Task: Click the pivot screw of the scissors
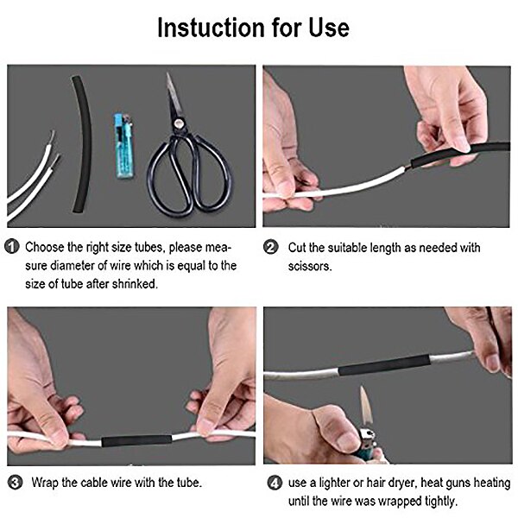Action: point(177,126)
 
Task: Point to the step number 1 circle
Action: point(13,247)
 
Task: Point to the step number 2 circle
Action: point(270,247)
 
